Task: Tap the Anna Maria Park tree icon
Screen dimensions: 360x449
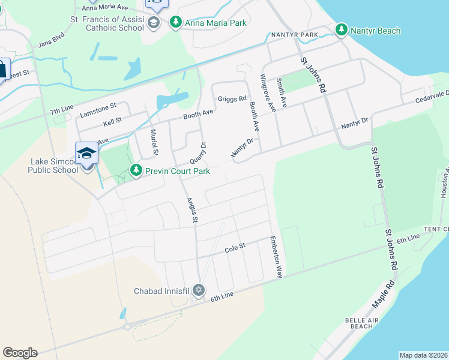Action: click(x=175, y=23)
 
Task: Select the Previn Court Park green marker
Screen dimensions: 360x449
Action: click(x=137, y=171)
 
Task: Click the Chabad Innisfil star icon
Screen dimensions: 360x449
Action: click(x=199, y=290)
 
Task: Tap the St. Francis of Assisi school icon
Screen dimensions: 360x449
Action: click(x=153, y=23)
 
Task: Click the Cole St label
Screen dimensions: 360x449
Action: click(x=235, y=246)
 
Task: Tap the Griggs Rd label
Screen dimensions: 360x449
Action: click(x=232, y=98)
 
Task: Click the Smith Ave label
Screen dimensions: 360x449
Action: click(x=282, y=93)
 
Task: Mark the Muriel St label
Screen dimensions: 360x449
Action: click(x=154, y=142)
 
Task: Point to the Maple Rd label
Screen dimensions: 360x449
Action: click(x=382, y=294)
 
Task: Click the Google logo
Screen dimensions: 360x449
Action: click(x=20, y=353)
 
